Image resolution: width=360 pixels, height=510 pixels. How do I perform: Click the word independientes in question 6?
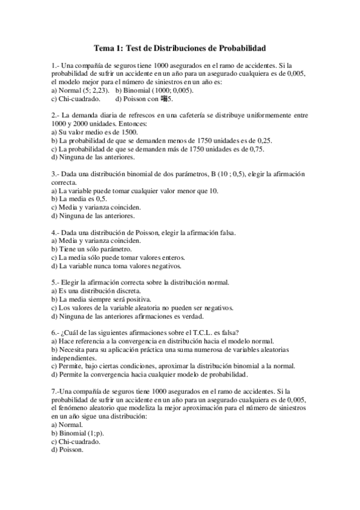75,357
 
